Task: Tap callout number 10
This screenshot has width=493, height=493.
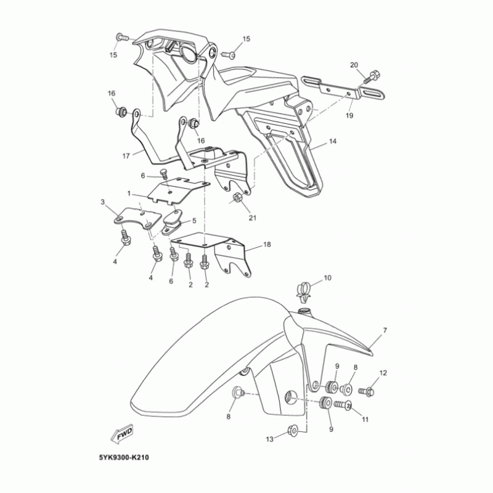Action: [x=327, y=279]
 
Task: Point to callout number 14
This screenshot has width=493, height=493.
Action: [x=332, y=142]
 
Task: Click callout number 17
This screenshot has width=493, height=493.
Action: [x=126, y=156]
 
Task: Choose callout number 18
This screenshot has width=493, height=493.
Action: [x=267, y=245]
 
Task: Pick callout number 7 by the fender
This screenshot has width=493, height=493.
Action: [x=385, y=331]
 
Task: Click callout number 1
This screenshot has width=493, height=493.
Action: [x=129, y=193]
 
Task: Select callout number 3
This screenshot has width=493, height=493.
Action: [x=103, y=202]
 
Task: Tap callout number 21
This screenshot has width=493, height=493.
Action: [x=252, y=217]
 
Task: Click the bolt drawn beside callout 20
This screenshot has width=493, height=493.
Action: [x=371, y=78]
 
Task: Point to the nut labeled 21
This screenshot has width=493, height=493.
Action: [x=237, y=198]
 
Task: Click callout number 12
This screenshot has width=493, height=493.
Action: [x=383, y=373]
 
